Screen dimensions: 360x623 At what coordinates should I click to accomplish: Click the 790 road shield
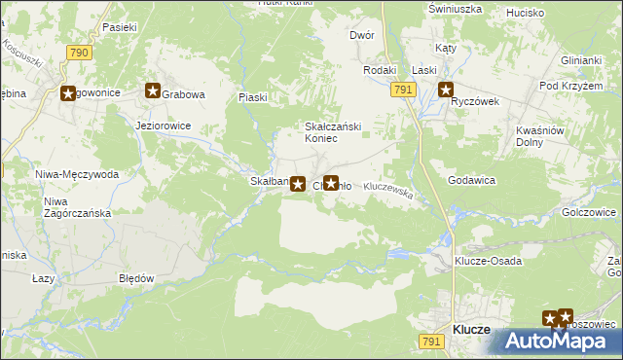(x=78, y=51)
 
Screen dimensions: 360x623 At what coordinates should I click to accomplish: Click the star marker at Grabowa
(x=153, y=91)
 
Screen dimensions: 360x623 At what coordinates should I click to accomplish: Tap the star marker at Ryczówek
(x=446, y=91)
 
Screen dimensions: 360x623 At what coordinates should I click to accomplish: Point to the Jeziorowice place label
(x=164, y=126)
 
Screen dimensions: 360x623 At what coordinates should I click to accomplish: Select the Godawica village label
(x=472, y=180)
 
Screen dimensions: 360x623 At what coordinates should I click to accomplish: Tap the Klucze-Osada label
(x=488, y=261)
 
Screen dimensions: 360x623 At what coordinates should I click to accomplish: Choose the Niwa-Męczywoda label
(x=76, y=174)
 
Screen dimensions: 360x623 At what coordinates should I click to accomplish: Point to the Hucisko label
(x=525, y=14)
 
